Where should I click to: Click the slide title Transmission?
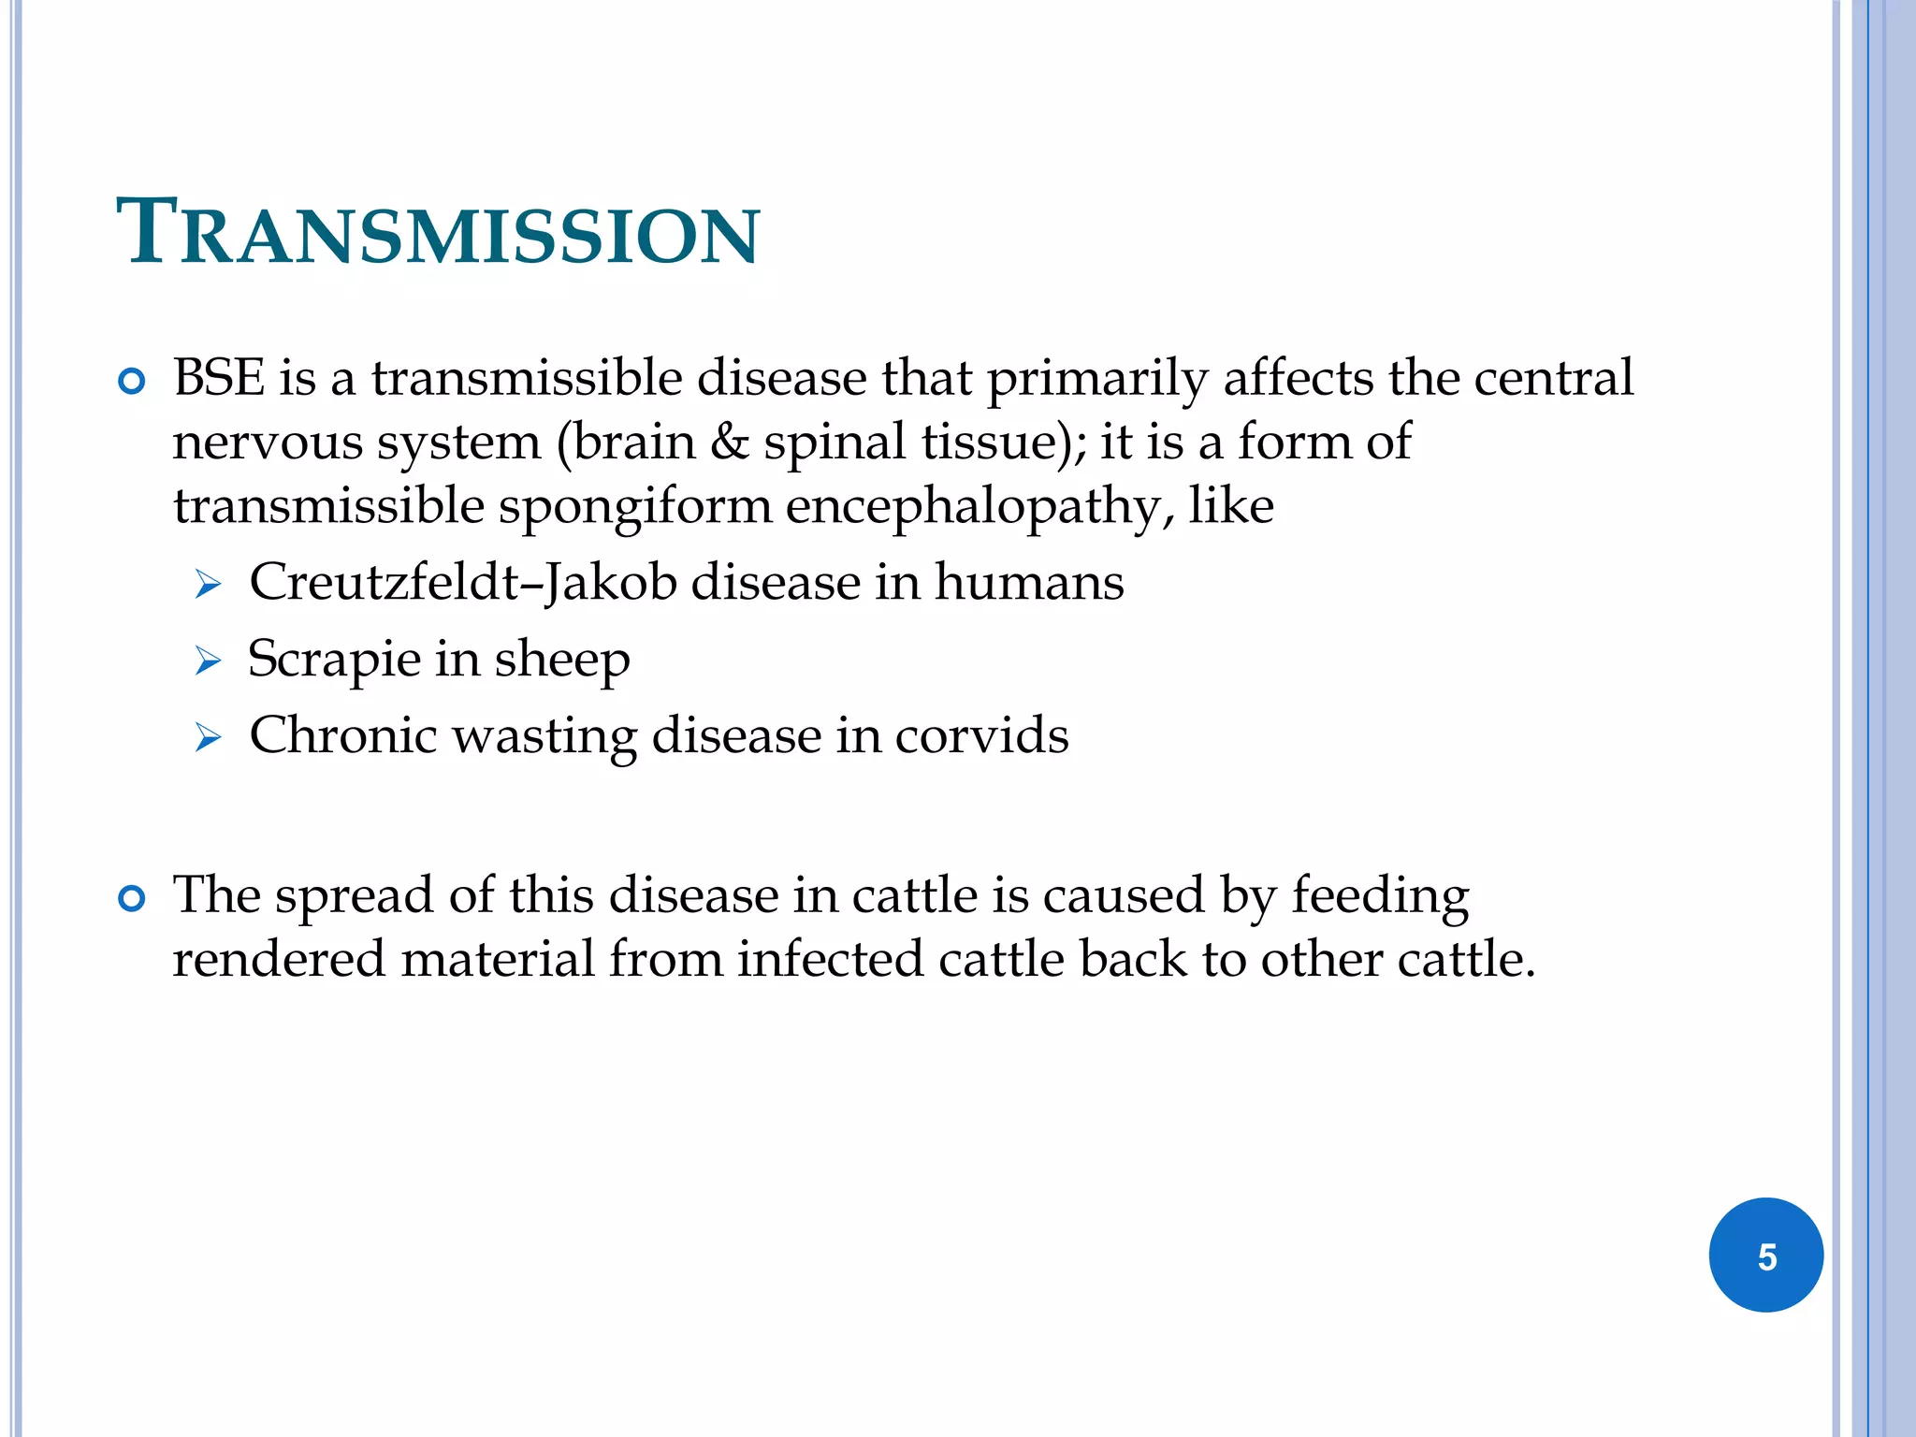[x=438, y=233]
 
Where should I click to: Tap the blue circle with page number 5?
[x=1765, y=1256]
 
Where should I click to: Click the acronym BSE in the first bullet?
[x=218, y=378]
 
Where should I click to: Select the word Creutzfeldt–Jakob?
[x=462, y=582]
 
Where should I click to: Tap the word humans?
[x=1028, y=582]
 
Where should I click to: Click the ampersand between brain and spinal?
[x=729, y=442]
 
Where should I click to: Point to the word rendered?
[x=279, y=959]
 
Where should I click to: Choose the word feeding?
[x=1380, y=896]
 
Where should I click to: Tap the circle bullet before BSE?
[x=132, y=382]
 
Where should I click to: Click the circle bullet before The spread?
[x=132, y=899]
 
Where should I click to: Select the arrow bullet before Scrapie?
[x=208, y=661]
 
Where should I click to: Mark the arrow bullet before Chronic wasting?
[x=208, y=738]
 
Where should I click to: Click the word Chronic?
[x=343, y=735]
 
